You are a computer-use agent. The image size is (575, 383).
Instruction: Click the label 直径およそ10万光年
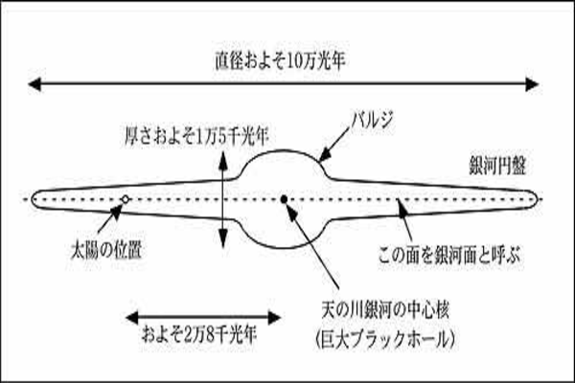point(280,61)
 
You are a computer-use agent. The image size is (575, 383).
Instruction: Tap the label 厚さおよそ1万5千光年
point(196,136)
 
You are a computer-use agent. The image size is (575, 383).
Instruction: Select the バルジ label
point(372,120)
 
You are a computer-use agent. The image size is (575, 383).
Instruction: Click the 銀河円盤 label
point(497,166)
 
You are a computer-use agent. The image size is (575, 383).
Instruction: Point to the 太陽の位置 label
point(106,250)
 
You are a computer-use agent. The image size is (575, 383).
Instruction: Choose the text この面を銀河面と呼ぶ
point(449,255)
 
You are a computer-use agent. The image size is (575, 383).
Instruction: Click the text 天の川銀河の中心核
point(385,310)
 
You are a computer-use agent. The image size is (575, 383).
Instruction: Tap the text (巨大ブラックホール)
point(385,339)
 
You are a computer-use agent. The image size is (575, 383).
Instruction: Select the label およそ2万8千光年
point(199,334)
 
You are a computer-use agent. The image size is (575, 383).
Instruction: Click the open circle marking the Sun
point(126,199)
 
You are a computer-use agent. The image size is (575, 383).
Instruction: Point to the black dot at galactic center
point(284,199)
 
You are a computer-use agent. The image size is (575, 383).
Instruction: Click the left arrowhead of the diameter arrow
point(34,84)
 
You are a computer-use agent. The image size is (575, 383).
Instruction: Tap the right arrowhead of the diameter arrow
point(532,84)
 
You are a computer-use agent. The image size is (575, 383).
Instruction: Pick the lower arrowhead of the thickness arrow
point(223,238)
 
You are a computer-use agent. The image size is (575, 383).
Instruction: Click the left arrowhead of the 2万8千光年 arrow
point(132,317)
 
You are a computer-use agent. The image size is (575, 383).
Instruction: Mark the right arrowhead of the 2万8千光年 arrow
point(275,317)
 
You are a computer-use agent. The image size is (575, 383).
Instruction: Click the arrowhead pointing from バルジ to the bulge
point(324,155)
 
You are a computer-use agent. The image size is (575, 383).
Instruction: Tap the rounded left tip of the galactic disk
point(33,199)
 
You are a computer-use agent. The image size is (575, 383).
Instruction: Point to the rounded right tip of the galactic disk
point(536,199)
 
